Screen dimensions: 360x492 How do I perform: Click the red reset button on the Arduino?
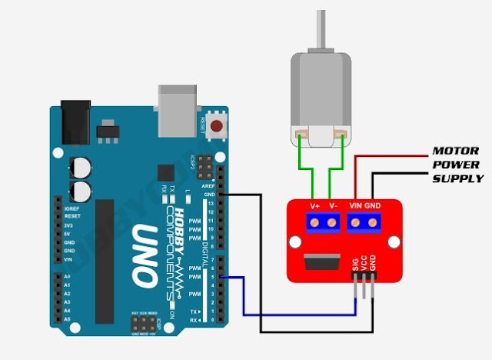(217, 125)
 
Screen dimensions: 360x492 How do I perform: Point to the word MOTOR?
(456, 151)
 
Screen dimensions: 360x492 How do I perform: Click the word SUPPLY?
(457, 178)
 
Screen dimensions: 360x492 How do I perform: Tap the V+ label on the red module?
(314, 206)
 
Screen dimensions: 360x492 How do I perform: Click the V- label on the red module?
(333, 206)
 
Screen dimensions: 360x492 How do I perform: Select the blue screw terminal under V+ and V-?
(323, 224)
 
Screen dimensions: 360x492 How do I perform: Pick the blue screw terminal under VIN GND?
(364, 224)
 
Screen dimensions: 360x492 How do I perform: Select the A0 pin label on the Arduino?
(67, 275)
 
